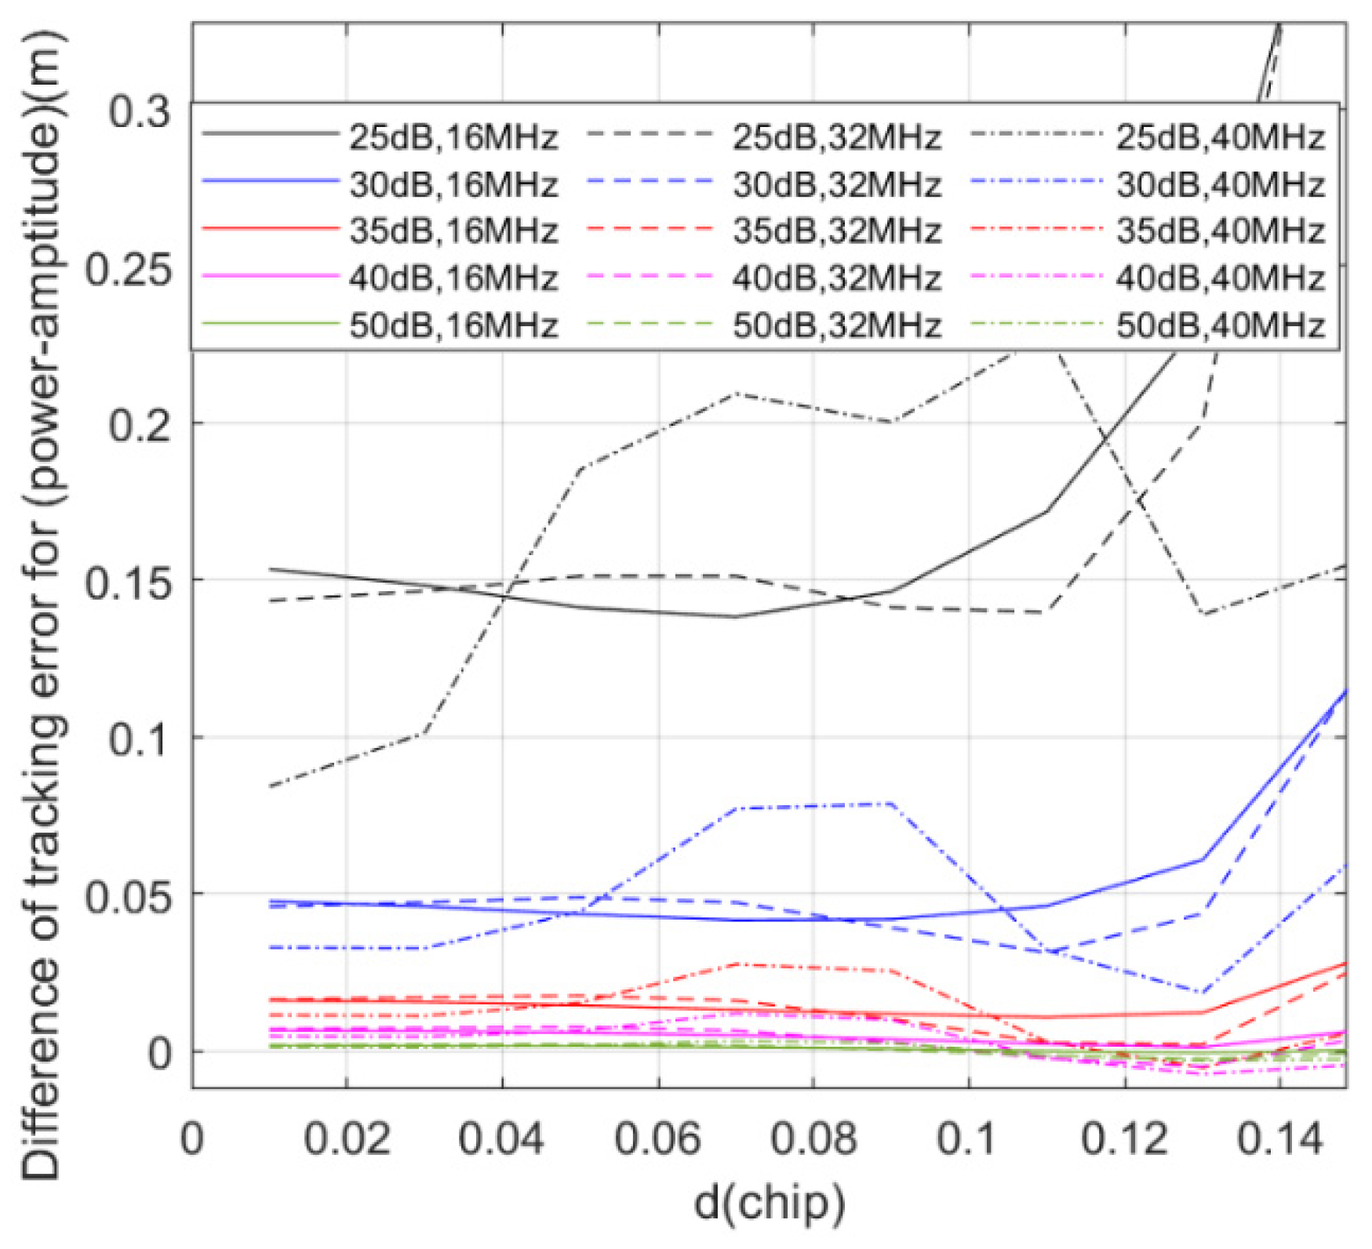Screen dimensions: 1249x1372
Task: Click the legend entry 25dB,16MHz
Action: point(453,138)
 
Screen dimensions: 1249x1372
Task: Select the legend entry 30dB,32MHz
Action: point(837,185)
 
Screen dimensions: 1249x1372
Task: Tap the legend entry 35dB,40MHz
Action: point(1221,231)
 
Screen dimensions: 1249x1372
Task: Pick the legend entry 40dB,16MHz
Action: point(453,278)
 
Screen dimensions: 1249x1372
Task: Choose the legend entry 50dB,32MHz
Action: point(837,325)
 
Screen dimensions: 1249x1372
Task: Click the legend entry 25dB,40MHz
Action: point(1221,138)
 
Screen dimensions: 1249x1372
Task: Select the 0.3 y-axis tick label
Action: point(140,112)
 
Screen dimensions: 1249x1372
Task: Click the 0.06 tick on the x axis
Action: point(657,1138)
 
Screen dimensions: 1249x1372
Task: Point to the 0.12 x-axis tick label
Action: point(1125,1138)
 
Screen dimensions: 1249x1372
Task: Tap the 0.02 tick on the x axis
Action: point(347,1138)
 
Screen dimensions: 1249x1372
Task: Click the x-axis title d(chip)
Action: point(770,1204)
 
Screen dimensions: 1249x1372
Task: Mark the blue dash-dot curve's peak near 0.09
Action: point(891,804)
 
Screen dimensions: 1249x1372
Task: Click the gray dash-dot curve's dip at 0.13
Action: point(1203,614)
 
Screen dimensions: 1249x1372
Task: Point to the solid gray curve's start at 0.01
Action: point(270,569)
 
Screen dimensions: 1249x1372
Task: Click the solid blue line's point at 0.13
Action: point(1203,859)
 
